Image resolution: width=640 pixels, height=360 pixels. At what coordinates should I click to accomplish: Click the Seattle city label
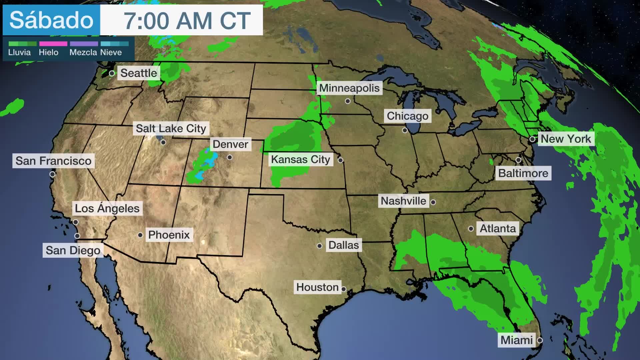coord(138,73)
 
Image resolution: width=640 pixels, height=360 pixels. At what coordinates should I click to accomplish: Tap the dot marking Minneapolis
coord(348,101)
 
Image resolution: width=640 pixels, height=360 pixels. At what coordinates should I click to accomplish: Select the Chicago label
coord(407,116)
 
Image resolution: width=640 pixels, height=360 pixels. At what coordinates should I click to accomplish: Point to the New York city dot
coord(532,139)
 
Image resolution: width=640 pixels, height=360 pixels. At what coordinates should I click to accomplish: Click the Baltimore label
coord(523,173)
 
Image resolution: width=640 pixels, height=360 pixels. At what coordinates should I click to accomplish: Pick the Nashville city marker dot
coord(433,202)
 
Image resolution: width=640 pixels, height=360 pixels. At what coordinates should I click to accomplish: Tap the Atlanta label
coord(497,229)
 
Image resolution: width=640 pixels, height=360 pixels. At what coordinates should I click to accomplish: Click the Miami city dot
coord(540,340)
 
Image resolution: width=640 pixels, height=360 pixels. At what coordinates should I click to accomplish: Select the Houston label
coord(317,287)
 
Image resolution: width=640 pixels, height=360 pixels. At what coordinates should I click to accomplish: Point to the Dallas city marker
coord(319,246)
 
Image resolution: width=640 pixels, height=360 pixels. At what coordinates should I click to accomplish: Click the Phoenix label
coord(169,235)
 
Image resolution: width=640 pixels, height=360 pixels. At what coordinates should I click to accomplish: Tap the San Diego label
coord(73,250)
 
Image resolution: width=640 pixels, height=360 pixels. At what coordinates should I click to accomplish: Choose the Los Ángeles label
coord(107,208)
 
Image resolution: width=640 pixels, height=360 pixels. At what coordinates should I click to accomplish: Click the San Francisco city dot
coord(52,174)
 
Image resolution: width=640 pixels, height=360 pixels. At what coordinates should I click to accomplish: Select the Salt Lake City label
coord(171,128)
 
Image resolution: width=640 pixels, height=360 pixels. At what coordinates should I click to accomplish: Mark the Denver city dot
coord(230,157)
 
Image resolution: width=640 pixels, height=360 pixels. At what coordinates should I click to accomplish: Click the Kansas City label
coord(300,160)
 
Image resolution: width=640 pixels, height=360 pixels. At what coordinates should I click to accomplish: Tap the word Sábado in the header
coord(51,20)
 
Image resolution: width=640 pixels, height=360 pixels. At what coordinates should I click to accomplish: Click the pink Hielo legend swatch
coord(53,44)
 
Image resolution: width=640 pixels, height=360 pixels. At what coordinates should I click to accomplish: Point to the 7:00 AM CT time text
coord(187,21)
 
